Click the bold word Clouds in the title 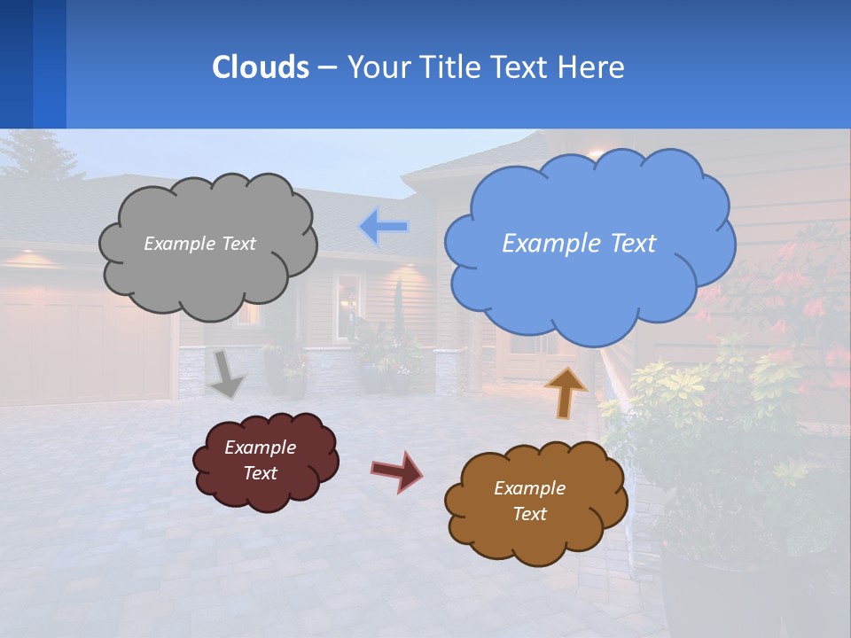(260, 66)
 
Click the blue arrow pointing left (383, 227)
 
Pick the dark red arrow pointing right (396, 471)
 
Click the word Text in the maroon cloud (260, 473)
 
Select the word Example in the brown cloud (529, 488)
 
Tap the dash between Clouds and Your (326, 67)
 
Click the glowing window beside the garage (348, 306)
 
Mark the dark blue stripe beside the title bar (16, 64)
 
